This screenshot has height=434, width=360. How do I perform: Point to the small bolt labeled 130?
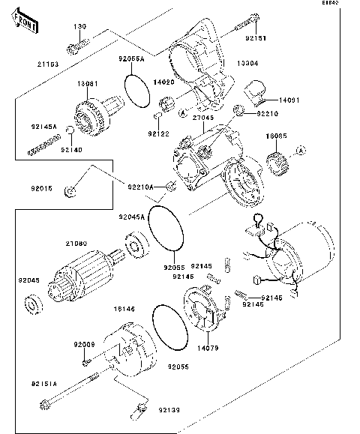click(x=76, y=48)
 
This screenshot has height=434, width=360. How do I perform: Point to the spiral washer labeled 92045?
click(x=35, y=304)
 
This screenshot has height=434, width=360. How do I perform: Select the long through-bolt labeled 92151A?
click(x=75, y=391)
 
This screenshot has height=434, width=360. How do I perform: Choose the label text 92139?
click(x=169, y=410)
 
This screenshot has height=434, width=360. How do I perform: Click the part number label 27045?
click(x=203, y=117)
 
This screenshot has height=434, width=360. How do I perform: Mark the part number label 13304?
click(x=248, y=64)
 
